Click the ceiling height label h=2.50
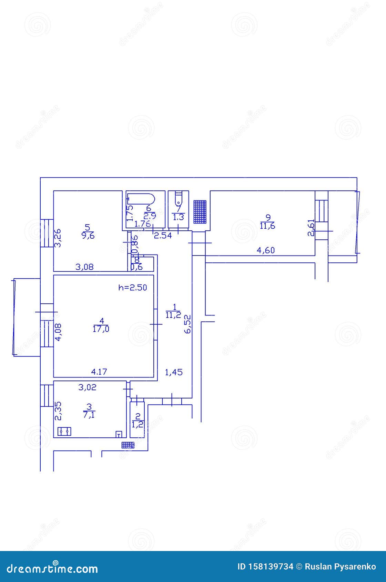click(x=133, y=288)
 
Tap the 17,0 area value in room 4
click(x=101, y=329)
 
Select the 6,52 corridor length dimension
click(x=187, y=324)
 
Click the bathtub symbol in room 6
click(x=141, y=199)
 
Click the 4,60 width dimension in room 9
click(x=266, y=250)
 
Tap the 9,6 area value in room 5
click(x=87, y=236)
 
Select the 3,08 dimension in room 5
click(x=84, y=267)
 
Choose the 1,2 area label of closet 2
click(x=138, y=425)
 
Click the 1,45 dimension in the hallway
click(x=174, y=372)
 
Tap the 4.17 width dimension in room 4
click(x=99, y=372)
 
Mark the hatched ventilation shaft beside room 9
click(x=200, y=212)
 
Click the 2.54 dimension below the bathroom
click(x=162, y=236)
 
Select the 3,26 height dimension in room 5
click(x=58, y=238)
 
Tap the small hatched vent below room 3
click(x=128, y=445)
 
